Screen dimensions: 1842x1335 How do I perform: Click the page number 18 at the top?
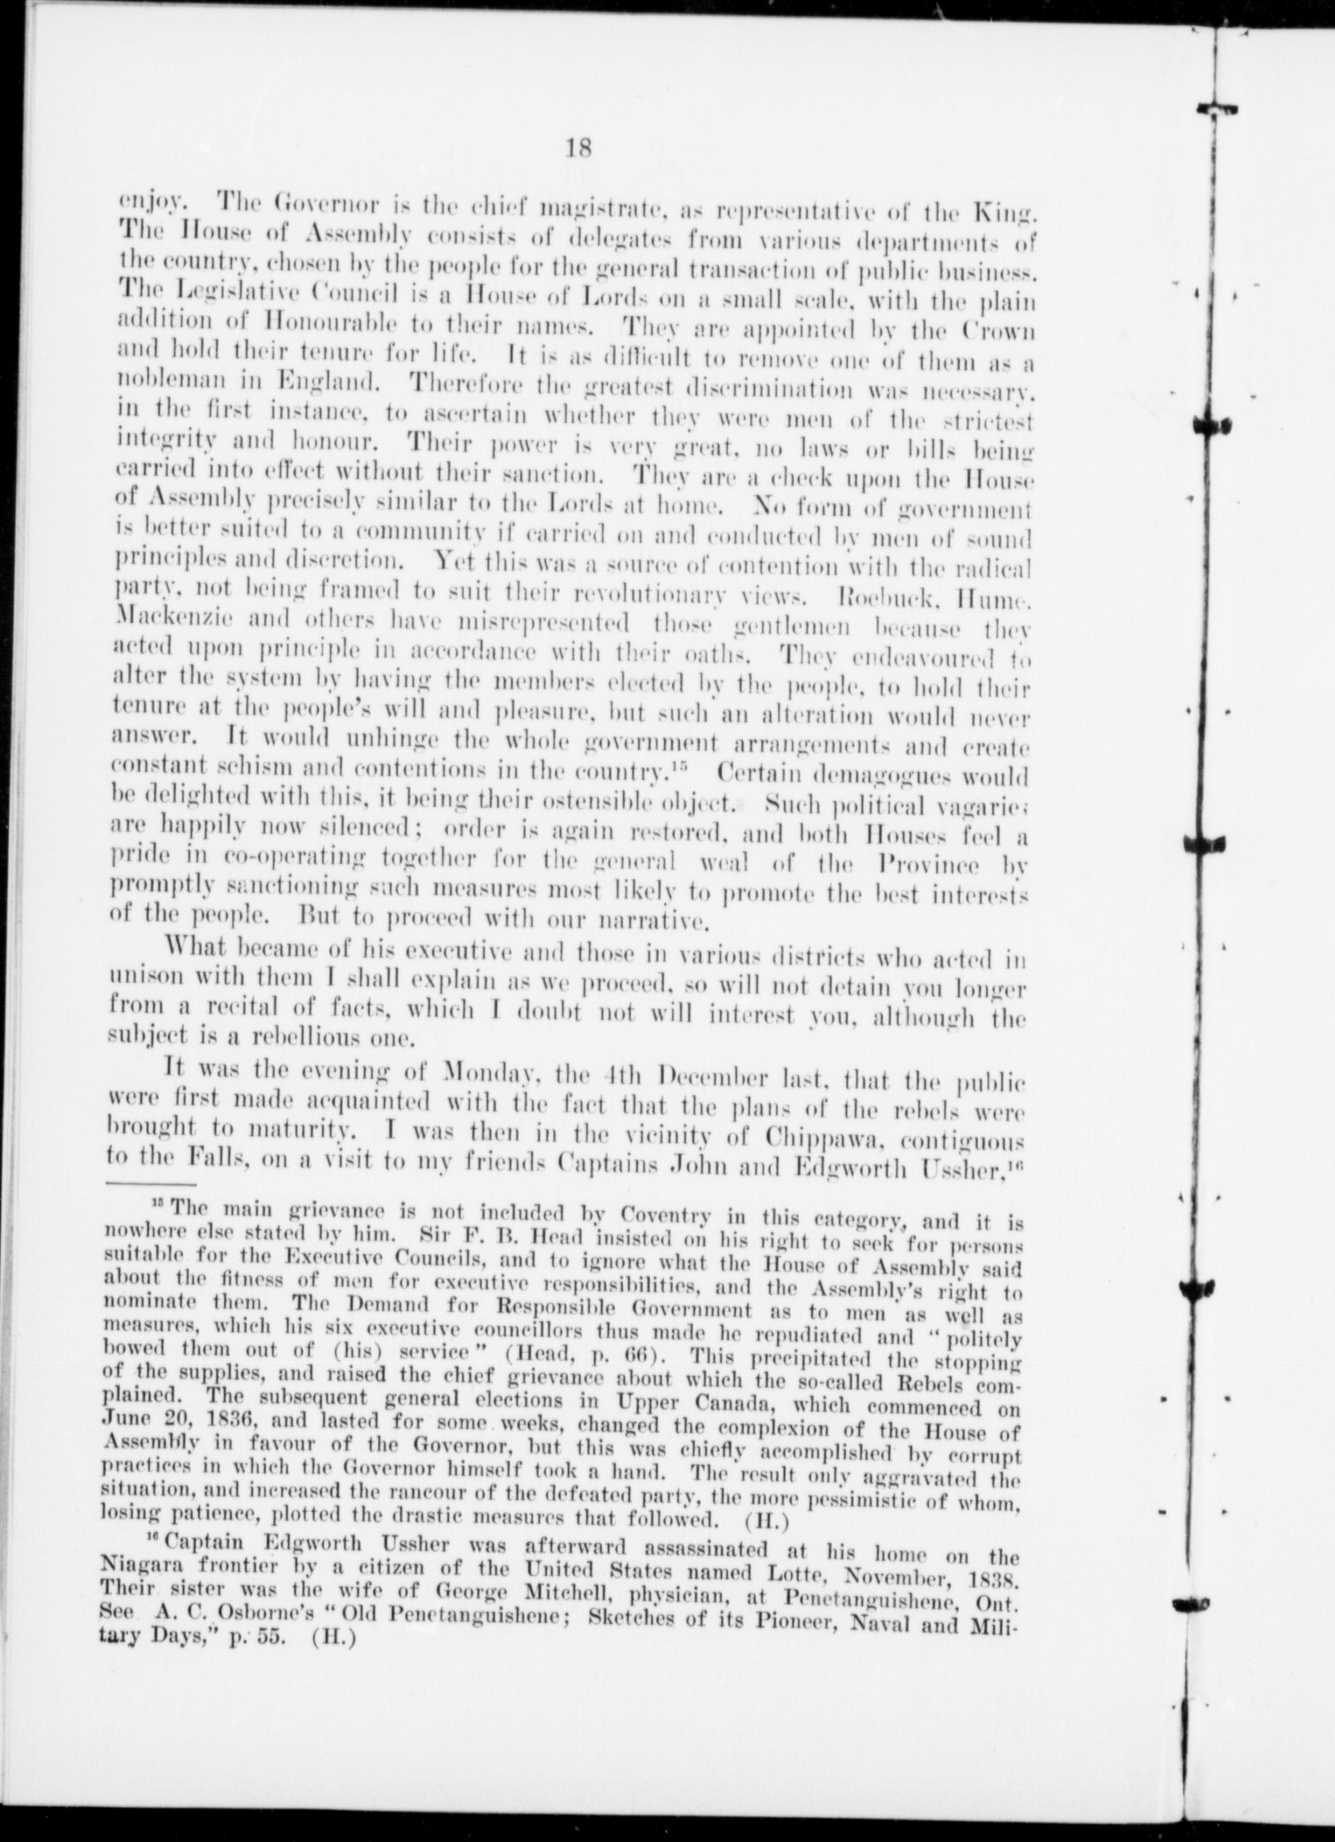(x=578, y=146)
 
